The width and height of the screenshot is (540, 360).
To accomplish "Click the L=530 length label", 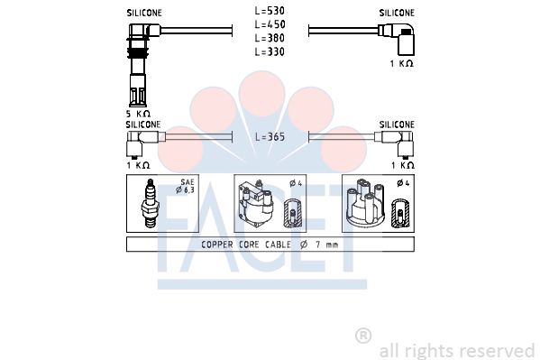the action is point(270,11).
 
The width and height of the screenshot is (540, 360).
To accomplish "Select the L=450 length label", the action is point(270,24).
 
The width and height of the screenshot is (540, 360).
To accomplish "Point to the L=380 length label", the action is point(270,38).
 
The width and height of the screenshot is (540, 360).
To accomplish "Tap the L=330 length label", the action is point(270,51).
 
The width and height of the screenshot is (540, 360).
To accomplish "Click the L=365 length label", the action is point(270,137).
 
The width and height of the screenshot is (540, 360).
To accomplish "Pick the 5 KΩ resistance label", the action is point(138,114).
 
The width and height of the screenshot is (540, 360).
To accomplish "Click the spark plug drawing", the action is point(150,203).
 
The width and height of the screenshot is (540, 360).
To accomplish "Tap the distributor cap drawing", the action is point(365,203).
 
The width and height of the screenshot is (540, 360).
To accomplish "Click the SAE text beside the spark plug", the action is point(188,181).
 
